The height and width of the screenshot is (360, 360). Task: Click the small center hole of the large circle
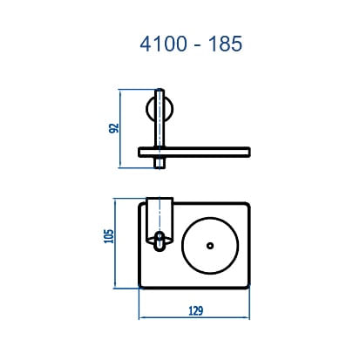[210, 245]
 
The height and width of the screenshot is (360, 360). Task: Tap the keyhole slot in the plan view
[159, 242]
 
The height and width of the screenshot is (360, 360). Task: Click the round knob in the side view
[152, 111]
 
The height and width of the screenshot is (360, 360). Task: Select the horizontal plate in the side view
[200, 153]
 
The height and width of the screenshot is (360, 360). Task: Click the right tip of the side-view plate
[250, 153]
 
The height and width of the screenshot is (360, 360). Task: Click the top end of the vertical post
[159, 91]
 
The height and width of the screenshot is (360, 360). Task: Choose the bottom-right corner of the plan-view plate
[248, 285]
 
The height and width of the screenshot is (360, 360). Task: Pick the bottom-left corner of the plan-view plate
[140, 285]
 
